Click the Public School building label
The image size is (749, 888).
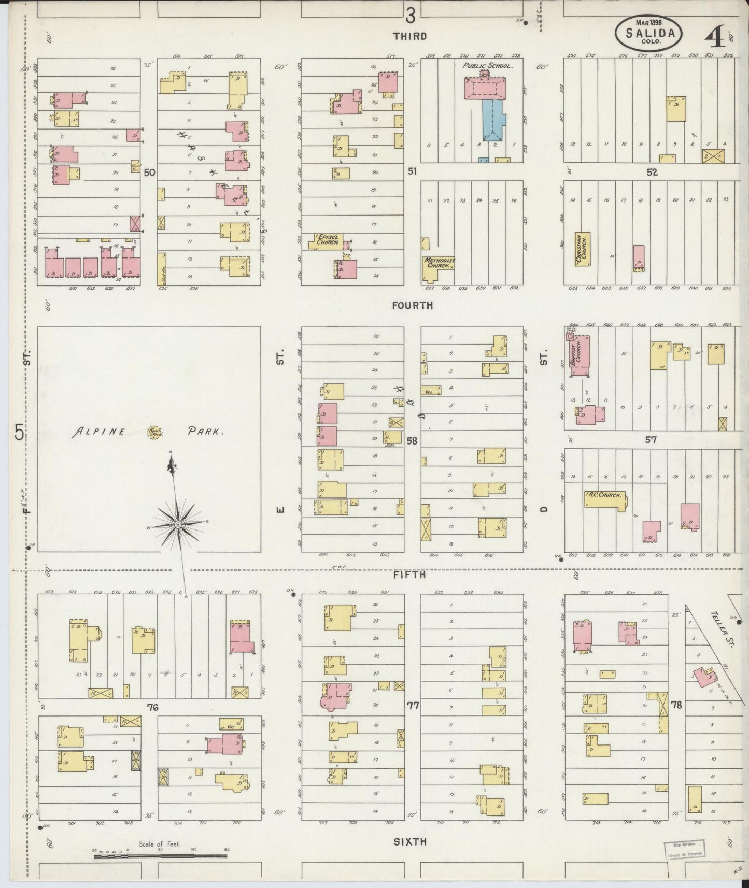coord(487,66)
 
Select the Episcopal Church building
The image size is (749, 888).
coord(327,241)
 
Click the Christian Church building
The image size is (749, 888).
coord(583,249)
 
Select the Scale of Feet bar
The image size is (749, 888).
coord(160,856)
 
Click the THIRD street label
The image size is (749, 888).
coord(409,36)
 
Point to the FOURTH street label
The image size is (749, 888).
coord(412,305)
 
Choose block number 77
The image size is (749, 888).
coord(413,705)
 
